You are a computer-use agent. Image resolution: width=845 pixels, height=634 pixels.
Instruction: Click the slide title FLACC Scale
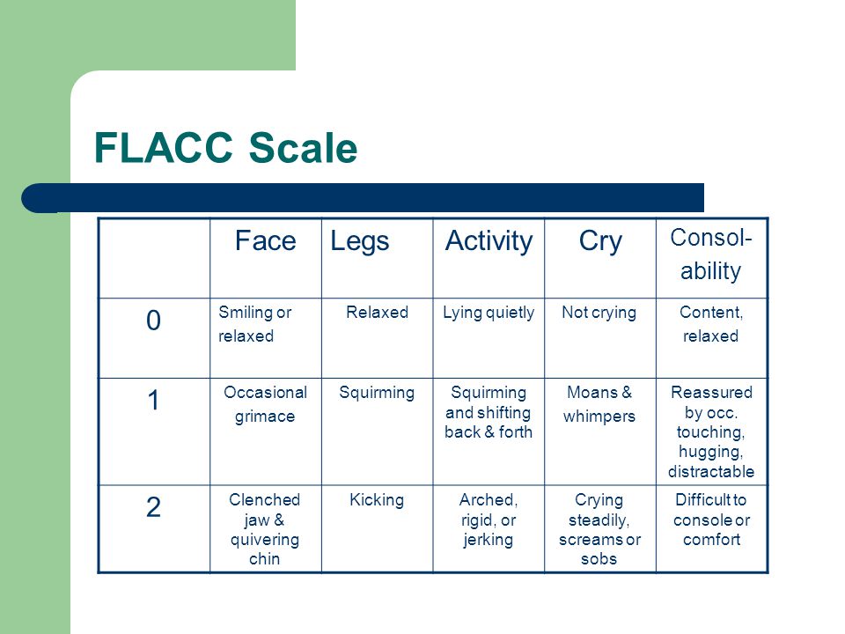point(226,147)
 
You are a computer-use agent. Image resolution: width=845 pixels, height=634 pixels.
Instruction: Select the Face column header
point(266,240)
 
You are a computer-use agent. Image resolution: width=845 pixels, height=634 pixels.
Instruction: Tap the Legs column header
point(359,242)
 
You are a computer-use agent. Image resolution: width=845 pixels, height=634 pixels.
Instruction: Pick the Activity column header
point(489,242)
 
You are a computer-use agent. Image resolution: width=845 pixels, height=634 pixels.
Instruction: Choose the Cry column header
point(600,242)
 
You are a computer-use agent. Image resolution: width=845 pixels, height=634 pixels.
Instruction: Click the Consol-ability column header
point(711,254)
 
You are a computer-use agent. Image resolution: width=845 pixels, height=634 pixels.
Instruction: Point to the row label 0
point(153,321)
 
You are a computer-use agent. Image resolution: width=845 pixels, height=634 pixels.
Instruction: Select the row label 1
point(153,401)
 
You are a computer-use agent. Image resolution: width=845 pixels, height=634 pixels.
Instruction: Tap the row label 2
point(153,507)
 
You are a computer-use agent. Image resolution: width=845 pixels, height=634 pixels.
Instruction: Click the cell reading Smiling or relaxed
point(255,324)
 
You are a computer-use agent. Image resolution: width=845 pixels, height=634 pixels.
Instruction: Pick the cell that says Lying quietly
point(489,313)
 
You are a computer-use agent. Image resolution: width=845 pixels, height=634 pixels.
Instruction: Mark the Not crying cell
point(599,313)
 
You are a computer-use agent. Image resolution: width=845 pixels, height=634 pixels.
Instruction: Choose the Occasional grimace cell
point(265,404)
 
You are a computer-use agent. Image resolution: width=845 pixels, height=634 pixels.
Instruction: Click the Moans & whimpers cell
point(599,404)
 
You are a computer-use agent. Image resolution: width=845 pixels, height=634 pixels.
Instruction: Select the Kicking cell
point(377,500)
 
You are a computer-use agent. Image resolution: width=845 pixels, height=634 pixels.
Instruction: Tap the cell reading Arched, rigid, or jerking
point(489,520)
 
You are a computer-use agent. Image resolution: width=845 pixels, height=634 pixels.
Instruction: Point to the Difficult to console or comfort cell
point(711,520)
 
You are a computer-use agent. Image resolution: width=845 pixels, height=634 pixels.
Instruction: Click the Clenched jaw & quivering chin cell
point(265,529)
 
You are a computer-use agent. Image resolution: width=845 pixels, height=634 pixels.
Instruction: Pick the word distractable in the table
point(711,472)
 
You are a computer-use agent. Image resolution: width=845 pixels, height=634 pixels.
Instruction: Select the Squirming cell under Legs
point(377,393)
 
